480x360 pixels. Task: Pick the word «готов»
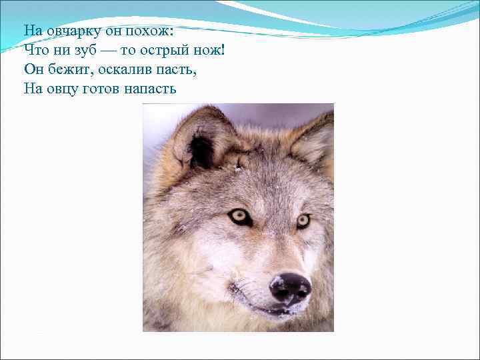point(101,89)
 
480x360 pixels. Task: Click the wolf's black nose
point(290,287)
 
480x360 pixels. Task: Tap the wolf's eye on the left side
point(239,217)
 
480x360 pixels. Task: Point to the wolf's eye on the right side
point(303,220)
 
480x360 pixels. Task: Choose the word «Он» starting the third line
point(32,69)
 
